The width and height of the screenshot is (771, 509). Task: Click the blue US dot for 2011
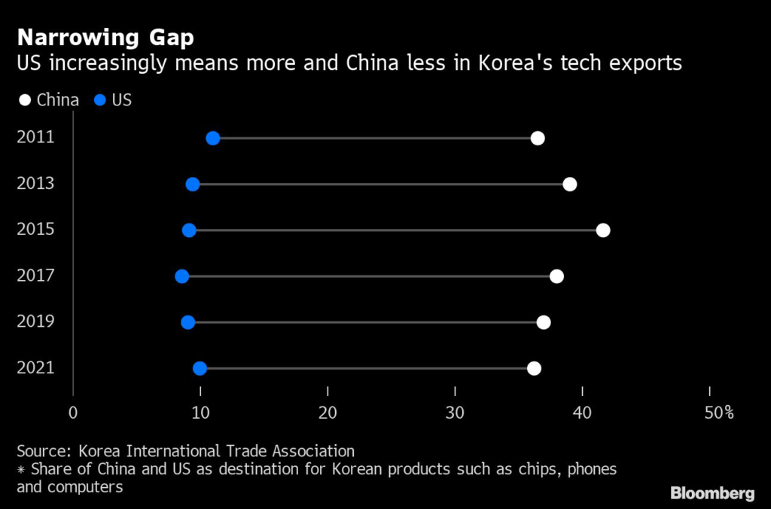213,138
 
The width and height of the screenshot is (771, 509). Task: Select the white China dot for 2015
603,230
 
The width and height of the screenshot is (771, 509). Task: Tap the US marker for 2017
181,276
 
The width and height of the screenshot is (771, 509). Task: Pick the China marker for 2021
534,368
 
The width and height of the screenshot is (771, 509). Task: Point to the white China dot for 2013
570,184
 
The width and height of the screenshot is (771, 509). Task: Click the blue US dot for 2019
187,322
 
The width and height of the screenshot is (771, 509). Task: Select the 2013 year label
35,184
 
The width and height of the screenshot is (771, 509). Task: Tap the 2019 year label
35,322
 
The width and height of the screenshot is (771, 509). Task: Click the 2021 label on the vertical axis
35,368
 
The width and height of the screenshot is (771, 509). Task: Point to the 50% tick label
718,413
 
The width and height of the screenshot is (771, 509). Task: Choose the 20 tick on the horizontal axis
328,413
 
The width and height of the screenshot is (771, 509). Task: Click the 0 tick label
73,413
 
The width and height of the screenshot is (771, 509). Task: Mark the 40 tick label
582,413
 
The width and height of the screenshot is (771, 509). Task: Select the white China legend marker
25,99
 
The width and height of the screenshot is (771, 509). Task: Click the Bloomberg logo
712,494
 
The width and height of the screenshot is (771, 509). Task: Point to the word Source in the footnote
41,452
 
